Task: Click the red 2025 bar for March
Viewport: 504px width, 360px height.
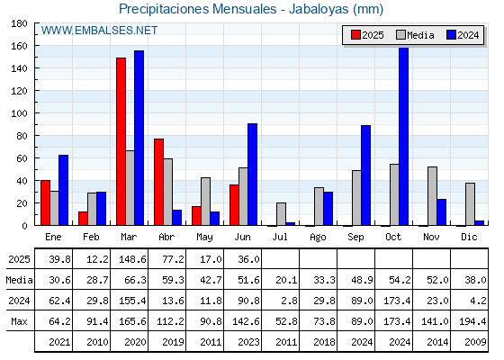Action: [121, 141]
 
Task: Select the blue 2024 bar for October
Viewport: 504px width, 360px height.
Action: [404, 136]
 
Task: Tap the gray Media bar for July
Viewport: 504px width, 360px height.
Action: [281, 214]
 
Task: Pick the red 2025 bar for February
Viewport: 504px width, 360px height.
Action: [83, 219]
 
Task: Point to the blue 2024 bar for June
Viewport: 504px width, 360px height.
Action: [252, 175]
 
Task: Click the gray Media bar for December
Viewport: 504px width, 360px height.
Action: [470, 204]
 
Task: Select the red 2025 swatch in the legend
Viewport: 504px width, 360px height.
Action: [355, 35]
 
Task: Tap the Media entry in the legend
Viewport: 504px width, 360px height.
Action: [416, 35]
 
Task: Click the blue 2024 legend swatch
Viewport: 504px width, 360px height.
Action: [451, 35]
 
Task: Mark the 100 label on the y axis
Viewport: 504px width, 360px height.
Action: [19, 113]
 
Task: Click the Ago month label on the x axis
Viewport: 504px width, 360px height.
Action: [319, 238]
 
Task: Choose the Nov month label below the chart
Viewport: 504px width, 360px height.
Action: [431, 237]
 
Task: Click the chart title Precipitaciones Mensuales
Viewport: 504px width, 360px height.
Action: [198, 9]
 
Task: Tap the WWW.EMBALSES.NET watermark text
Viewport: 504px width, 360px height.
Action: [99, 31]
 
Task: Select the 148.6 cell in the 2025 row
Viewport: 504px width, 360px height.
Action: [132, 259]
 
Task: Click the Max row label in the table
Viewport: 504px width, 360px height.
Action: [19, 321]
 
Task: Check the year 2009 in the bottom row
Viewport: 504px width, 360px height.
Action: [475, 342]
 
